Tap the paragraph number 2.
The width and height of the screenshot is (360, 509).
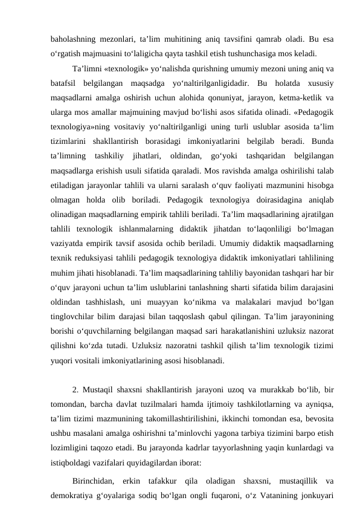pyautogui.click(x=74, y=389)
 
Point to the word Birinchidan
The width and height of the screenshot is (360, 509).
pyautogui.click(x=95, y=482)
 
